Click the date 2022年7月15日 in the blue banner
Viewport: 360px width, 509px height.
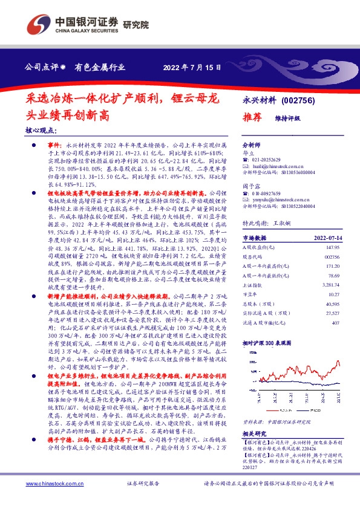pyautogui.click(x=188, y=67)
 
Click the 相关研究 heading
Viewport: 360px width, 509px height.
pyautogui.click(x=253, y=417)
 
